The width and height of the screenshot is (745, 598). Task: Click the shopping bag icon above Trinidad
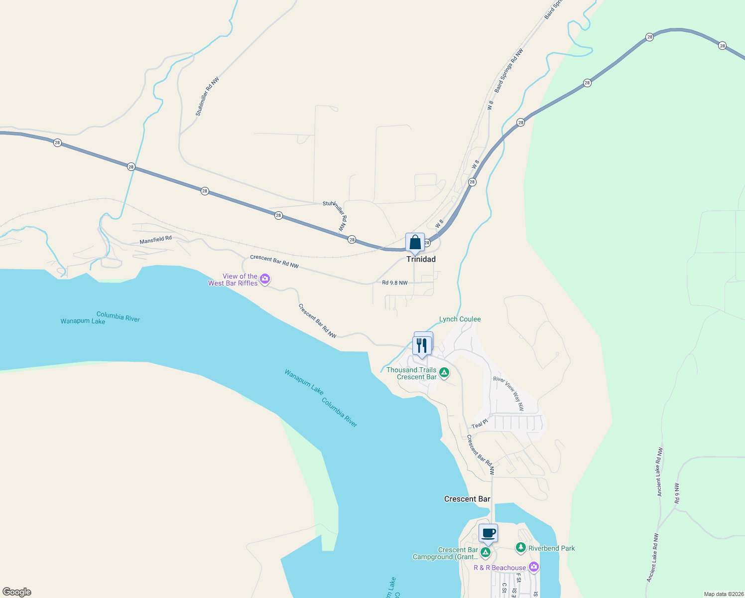click(x=415, y=243)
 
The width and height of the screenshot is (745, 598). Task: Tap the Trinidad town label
click(x=421, y=259)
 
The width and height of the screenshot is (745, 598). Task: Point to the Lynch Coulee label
click(x=460, y=319)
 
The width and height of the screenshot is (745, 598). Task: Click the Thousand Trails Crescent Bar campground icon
click(x=444, y=373)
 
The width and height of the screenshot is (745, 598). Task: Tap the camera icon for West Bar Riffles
click(x=265, y=279)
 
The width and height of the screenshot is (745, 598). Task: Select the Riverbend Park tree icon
click(x=521, y=548)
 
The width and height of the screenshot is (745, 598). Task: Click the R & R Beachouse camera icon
click(x=534, y=567)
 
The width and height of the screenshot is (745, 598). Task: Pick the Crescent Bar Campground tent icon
click(x=486, y=552)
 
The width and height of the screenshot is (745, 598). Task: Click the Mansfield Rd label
click(x=155, y=240)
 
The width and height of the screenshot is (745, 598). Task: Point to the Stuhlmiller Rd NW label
click(x=207, y=97)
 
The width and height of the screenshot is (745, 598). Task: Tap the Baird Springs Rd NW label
click(x=509, y=70)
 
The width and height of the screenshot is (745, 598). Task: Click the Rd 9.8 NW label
click(x=394, y=283)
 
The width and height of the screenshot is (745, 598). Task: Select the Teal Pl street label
click(x=480, y=424)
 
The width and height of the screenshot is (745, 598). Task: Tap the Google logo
click(x=17, y=592)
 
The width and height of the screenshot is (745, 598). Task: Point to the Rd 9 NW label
click(x=677, y=493)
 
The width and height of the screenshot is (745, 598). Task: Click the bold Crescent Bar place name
click(x=467, y=499)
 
